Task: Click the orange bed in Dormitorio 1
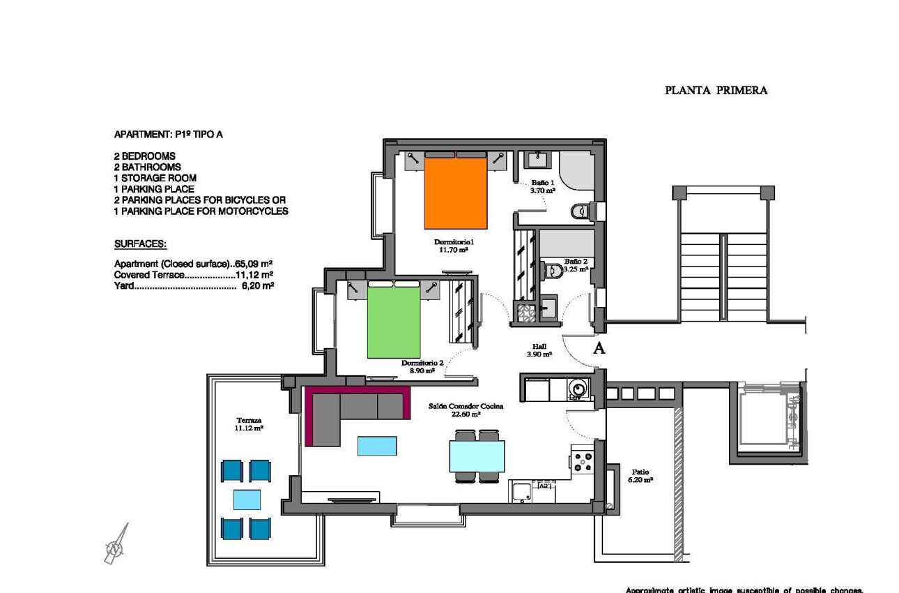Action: (x=456, y=193)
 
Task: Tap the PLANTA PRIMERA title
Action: (x=716, y=90)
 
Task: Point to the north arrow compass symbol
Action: (x=116, y=544)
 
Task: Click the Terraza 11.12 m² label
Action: (x=249, y=424)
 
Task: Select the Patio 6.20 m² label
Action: (x=640, y=476)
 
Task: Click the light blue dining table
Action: (x=477, y=456)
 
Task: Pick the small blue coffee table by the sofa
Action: (x=377, y=446)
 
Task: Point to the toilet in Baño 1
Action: (x=580, y=211)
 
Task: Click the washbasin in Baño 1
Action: (x=537, y=160)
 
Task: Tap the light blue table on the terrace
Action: (x=247, y=500)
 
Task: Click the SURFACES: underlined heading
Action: (x=140, y=244)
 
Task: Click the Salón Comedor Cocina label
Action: (x=466, y=410)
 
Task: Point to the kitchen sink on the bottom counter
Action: (x=521, y=492)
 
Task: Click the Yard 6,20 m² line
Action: (x=194, y=285)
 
